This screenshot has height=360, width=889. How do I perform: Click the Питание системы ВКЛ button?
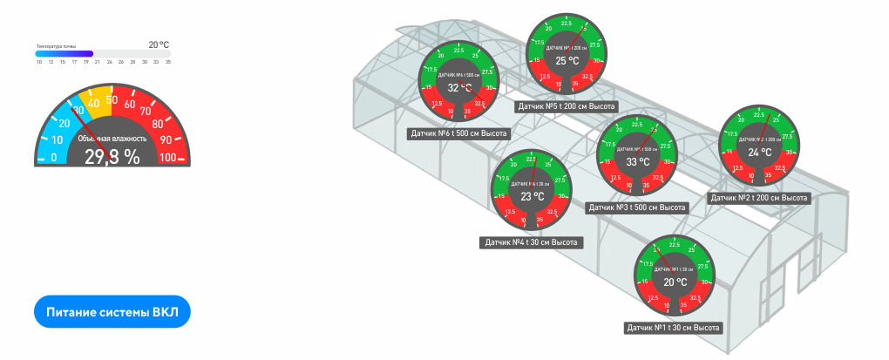(x=112, y=311)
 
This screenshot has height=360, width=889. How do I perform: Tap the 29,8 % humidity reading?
(x=112, y=157)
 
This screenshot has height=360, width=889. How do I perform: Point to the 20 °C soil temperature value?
(x=158, y=44)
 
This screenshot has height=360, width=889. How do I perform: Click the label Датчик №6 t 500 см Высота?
(x=458, y=134)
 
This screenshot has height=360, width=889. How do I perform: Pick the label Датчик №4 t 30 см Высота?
(x=531, y=242)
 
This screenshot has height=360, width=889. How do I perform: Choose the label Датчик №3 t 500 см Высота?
(x=637, y=207)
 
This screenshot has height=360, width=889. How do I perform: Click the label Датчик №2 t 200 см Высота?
(x=760, y=198)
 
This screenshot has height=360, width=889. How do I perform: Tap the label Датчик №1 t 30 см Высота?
(x=674, y=328)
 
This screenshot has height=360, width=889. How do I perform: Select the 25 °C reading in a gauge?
(x=567, y=61)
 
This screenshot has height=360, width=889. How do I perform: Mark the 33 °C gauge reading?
(x=638, y=162)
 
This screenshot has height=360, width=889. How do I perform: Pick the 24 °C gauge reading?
(x=760, y=153)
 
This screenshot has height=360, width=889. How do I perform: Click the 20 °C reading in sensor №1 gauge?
(x=675, y=282)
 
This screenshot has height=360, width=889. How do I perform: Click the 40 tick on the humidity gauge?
(x=93, y=103)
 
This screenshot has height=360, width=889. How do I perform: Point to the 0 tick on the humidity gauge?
(x=54, y=158)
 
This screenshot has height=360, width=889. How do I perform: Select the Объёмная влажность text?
(x=112, y=139)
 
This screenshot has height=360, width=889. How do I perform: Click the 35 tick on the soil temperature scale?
(x=168, y=62)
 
